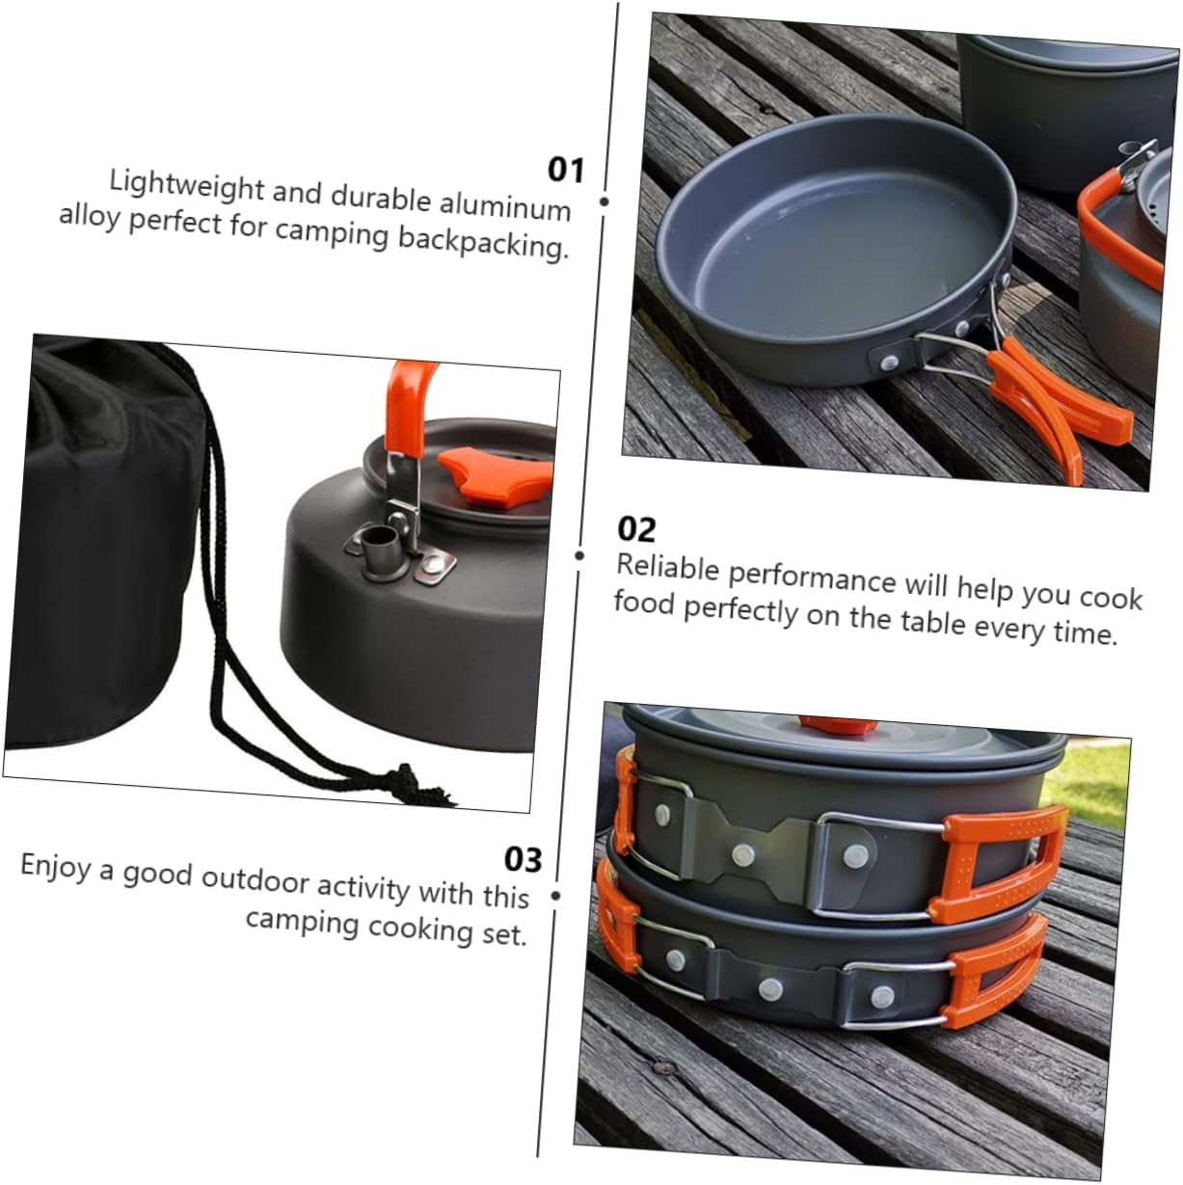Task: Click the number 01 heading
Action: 566,170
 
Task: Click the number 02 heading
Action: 636,528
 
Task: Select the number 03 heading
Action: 524,859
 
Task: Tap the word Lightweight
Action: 187,185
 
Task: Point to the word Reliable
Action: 668,567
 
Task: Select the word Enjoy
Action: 56,866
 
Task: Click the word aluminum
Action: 505,204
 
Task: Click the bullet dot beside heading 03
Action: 554,896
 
